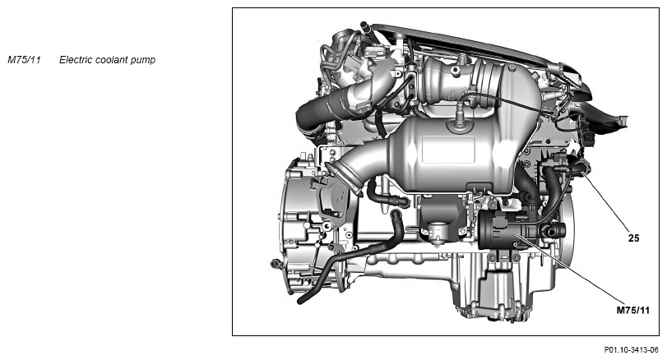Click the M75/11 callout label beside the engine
click(x=633, y=310)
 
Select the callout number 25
click(x=633, y=238)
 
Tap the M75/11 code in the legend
click(x=24, y=60)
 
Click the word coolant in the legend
click(x=112, y=60)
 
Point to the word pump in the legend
click(x=143, y=61)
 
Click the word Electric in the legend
click(x=76, y=60)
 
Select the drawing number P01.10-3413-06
click(x=632, y=350)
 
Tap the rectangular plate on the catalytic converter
click(x=448, y=150)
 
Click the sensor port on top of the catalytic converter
click(x=458, y=120)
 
